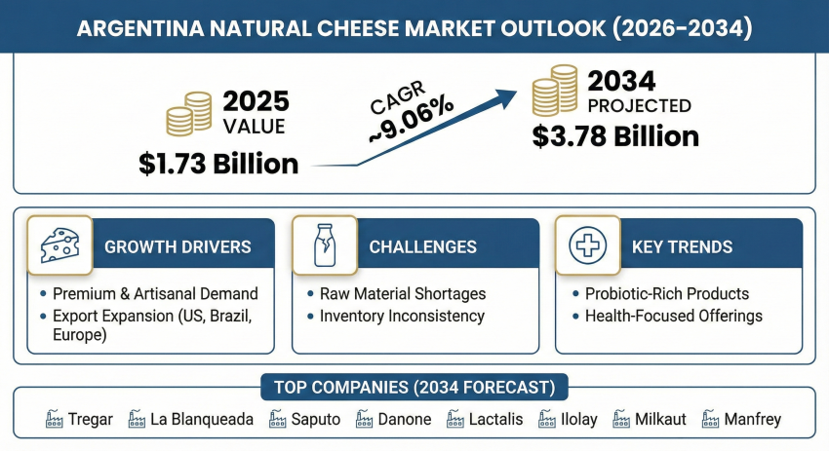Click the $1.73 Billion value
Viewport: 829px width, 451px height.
click(x=218, y=163)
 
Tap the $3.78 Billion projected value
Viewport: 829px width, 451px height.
click(x=615, y=135)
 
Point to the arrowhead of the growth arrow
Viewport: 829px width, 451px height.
click(x=506, y=95)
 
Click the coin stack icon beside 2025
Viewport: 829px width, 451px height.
click(x=189, y=113)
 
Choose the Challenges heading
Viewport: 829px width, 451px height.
click(x=422, y=247)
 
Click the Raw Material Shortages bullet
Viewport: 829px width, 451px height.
click(x=402, y=293)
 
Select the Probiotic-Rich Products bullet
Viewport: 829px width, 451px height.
click(x=666, y=293)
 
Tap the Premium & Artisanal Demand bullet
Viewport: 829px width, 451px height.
click(x=155, y=293)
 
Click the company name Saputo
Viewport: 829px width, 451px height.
click(x=316, y=420)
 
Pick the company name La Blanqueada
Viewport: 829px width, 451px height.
click(x=202, y=420)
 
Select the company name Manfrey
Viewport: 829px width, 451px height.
click(x=752, y=420)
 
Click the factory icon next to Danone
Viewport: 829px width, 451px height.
click(x=365, y=420)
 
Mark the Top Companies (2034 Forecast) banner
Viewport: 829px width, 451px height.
click(x=414, y=388)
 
